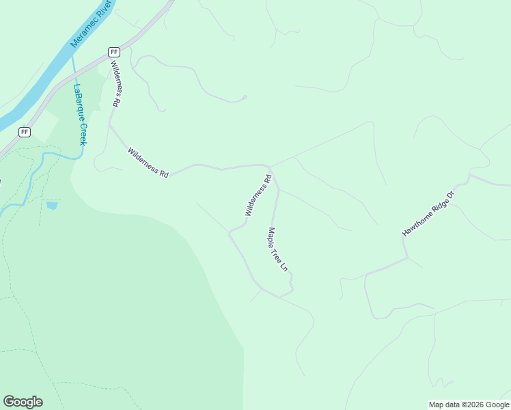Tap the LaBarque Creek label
80,113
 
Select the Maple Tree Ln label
277,249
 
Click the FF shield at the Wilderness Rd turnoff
114,52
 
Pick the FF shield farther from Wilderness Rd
25,131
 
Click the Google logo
23,402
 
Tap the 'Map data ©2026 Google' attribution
469,405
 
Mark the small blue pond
52,204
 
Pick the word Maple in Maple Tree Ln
272,236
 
